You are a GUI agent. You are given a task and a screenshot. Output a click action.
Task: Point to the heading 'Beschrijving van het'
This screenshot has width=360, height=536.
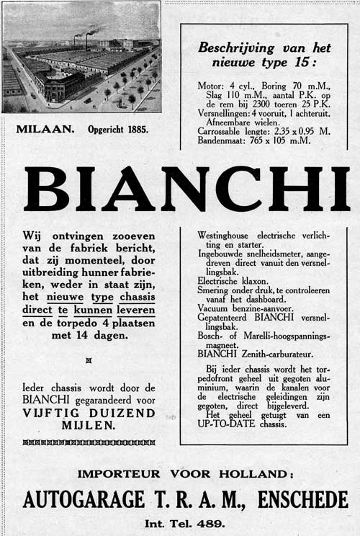tap(264, 48)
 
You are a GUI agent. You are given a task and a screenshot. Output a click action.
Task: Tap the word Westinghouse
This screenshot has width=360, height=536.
tap(228, 235)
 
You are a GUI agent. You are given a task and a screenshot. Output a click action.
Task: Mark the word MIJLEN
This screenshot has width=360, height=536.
tap(88, 425)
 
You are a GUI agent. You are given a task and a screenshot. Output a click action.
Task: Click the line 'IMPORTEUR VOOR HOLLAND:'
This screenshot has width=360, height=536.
tap(186, 474)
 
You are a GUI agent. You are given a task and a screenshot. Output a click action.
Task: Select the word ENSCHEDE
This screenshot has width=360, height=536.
tap(305, 499)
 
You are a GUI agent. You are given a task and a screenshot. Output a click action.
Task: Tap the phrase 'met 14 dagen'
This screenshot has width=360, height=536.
tap(88, 335)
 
